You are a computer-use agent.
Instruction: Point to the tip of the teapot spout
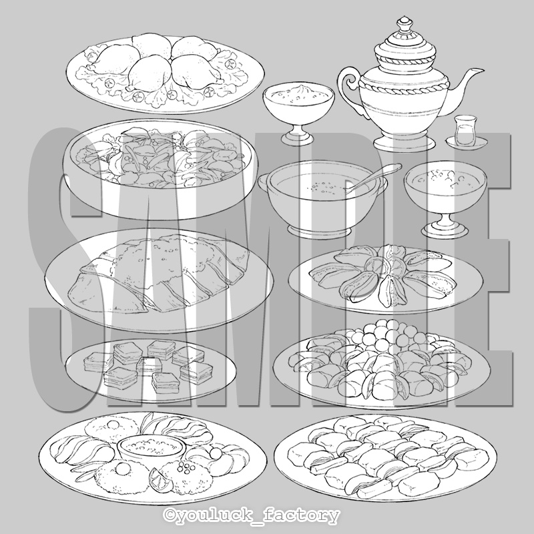[482, 70]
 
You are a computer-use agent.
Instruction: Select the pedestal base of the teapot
[405, 142]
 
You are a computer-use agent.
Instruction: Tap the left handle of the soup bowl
[264, 182]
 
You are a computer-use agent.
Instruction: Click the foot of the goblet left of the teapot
[297, 136]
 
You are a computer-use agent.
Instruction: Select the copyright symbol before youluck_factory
[170, 514]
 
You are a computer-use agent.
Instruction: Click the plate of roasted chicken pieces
[165, 74]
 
